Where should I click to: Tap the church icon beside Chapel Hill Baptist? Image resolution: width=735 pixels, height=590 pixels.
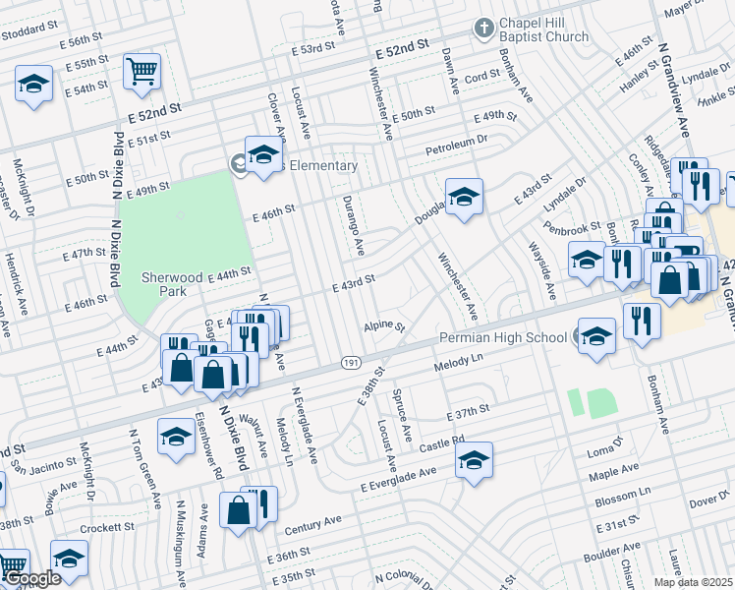coord(482,29)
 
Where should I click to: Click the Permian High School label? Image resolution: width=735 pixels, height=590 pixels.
coord(502,337)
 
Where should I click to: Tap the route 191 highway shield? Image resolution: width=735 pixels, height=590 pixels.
coord(351,363)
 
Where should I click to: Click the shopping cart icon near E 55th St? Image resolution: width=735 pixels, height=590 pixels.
coord(141,72)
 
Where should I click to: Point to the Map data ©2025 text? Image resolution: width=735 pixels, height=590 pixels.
coord(694,582)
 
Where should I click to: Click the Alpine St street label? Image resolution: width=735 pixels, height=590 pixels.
coord(384,325)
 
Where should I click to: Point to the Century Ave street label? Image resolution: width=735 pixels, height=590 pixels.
coord(312,524)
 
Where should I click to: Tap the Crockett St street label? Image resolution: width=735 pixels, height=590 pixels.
coord(107,528)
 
